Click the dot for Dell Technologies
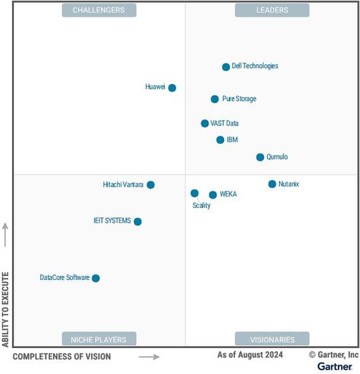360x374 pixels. click(226, 67)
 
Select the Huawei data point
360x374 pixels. click(172, 87)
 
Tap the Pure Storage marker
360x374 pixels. click(215, 99)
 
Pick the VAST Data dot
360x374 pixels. click(205, 123)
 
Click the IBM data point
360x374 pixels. click(220, 140)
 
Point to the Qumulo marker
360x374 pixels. click(260, 157)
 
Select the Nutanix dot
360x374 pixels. click(272, 184)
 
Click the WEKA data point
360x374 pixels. click(213, 195)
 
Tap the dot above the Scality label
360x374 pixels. click(195, 193)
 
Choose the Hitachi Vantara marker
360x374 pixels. click(151, 185)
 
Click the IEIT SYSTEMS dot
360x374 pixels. click(137, 221)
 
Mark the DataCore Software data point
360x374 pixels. click(95, 278)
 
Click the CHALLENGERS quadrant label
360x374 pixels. click(99, 10)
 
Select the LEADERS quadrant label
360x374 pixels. click(272, 10)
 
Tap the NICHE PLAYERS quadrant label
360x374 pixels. click(99, 339)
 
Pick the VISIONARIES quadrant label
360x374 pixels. click(272, 339)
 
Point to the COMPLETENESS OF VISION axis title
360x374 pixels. click(62, 357)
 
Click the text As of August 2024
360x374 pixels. click(250, 355)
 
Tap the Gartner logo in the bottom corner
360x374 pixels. click(335, 367)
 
